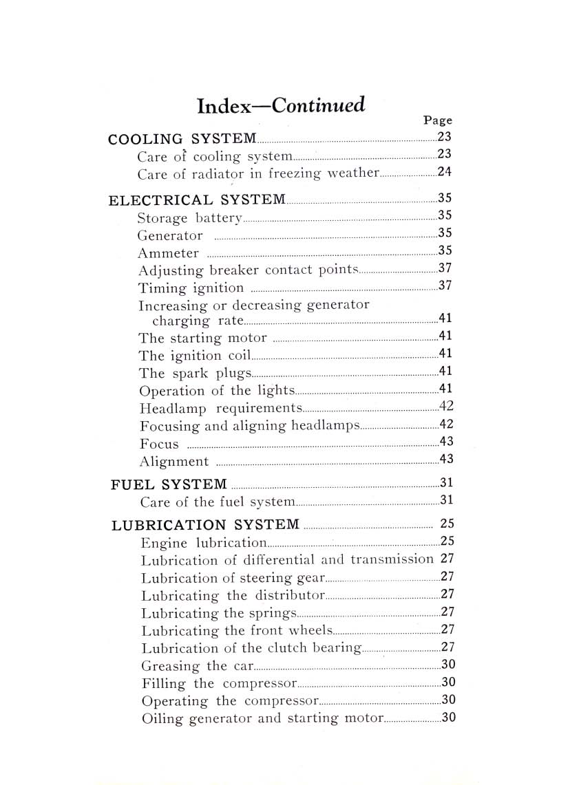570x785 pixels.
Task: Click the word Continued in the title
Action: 318,105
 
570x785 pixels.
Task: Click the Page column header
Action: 437,120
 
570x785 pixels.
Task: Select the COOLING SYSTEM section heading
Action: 183,138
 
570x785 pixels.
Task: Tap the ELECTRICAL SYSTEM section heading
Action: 198,200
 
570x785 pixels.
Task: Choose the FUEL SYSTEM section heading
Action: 169,484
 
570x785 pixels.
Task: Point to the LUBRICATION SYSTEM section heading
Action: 205,525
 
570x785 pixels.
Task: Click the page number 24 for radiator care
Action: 445,172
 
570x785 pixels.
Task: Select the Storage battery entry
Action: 189,219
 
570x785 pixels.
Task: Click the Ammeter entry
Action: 168,253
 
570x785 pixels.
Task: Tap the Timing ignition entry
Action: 191,288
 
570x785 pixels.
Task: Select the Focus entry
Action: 158,444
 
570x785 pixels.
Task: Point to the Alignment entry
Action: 173,462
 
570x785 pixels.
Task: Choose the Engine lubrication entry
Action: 203,542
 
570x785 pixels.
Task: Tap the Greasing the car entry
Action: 197,666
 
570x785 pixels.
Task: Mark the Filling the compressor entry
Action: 218,683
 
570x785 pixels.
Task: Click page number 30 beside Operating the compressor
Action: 449,700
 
